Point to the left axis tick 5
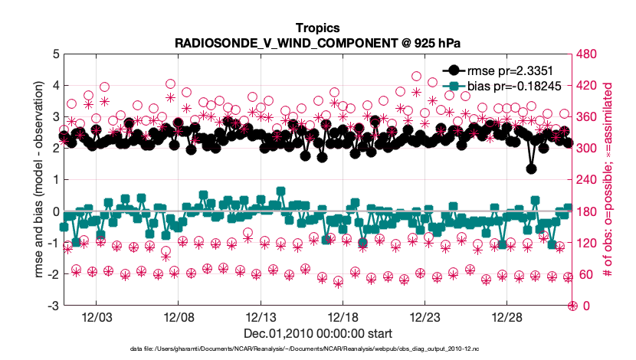(54, 54)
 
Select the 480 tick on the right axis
(586, 54)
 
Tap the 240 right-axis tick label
(586, 180)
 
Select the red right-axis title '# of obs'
(609, 180)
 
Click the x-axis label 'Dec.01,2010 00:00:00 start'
(318, 333)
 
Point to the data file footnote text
(318, 349)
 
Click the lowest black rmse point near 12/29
(532, 169)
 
